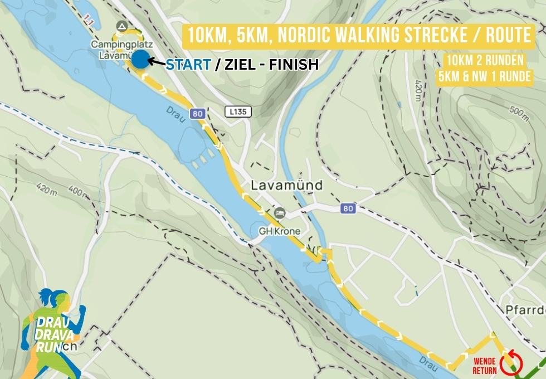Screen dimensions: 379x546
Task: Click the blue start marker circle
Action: click(x=140, y=59)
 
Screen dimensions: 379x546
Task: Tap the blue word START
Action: click(x=188, y=65)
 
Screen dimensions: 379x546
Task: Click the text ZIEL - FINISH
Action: click(x=267, y=65)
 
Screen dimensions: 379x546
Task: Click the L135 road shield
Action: click(x=238, y=112)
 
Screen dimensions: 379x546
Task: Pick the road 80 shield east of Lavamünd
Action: click(x=348, y=208)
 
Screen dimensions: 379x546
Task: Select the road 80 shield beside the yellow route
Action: click(x=197, y=114)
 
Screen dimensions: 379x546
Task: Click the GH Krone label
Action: click(x=279, y=231)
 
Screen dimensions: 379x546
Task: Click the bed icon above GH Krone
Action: click(x=280, y=213)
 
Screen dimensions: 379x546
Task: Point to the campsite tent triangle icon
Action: click(x=122, y=26)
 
